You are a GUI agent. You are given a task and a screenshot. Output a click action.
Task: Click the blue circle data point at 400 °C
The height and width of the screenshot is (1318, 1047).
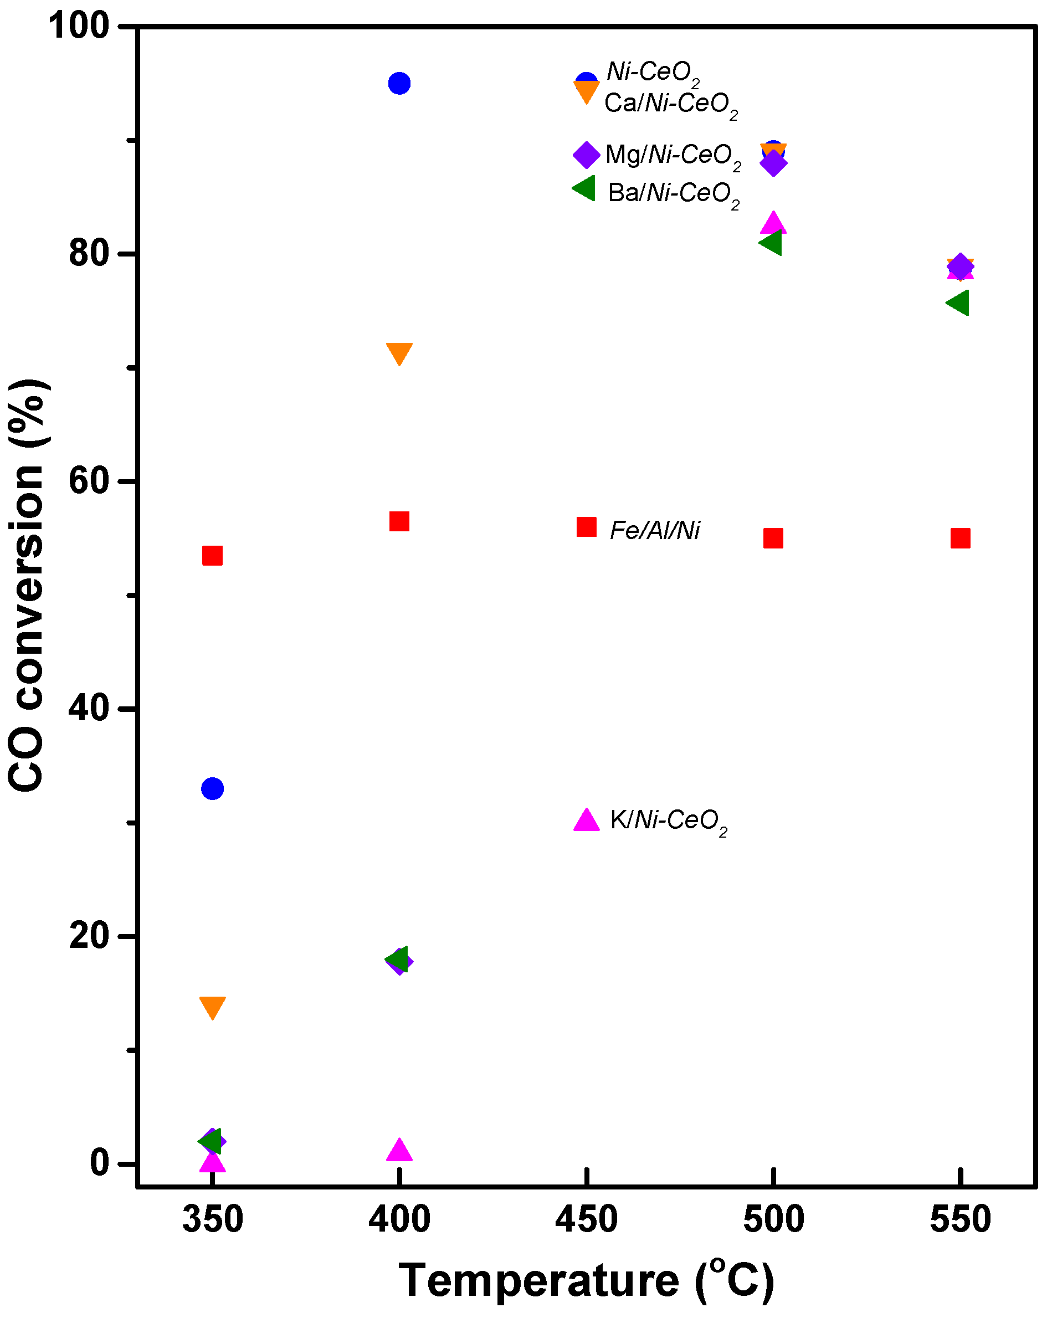point(399,83)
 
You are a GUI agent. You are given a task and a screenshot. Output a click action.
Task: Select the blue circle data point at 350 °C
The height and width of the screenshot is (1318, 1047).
point(212,788)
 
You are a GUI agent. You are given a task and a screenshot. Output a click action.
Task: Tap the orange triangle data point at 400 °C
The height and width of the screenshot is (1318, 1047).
point(399,353)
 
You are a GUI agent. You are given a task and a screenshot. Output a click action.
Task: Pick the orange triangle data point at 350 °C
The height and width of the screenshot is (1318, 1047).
point(212,1007)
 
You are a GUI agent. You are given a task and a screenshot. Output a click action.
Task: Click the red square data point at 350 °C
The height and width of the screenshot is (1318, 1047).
point(212,556)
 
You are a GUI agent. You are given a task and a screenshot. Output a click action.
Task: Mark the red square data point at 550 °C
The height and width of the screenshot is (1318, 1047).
point(960,538)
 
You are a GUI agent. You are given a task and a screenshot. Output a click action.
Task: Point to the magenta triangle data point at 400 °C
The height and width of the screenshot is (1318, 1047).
point(399,1151)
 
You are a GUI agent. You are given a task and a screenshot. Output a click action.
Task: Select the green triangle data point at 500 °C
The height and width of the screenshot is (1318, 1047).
point(771,243)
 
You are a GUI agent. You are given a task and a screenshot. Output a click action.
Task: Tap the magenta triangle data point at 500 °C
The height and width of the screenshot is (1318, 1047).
point(773,223)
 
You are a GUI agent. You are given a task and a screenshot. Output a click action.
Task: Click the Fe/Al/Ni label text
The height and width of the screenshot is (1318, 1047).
point(655,530)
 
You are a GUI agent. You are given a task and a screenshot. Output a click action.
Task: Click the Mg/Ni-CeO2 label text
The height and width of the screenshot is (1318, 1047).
point(673,155)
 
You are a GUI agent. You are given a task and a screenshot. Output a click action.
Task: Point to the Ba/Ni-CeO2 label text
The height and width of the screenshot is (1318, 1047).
point(673,193)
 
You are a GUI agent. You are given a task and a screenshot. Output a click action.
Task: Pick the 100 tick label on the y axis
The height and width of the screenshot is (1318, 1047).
point(79,27)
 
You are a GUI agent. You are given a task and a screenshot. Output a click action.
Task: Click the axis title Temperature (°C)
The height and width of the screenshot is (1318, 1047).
point(586,1280)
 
